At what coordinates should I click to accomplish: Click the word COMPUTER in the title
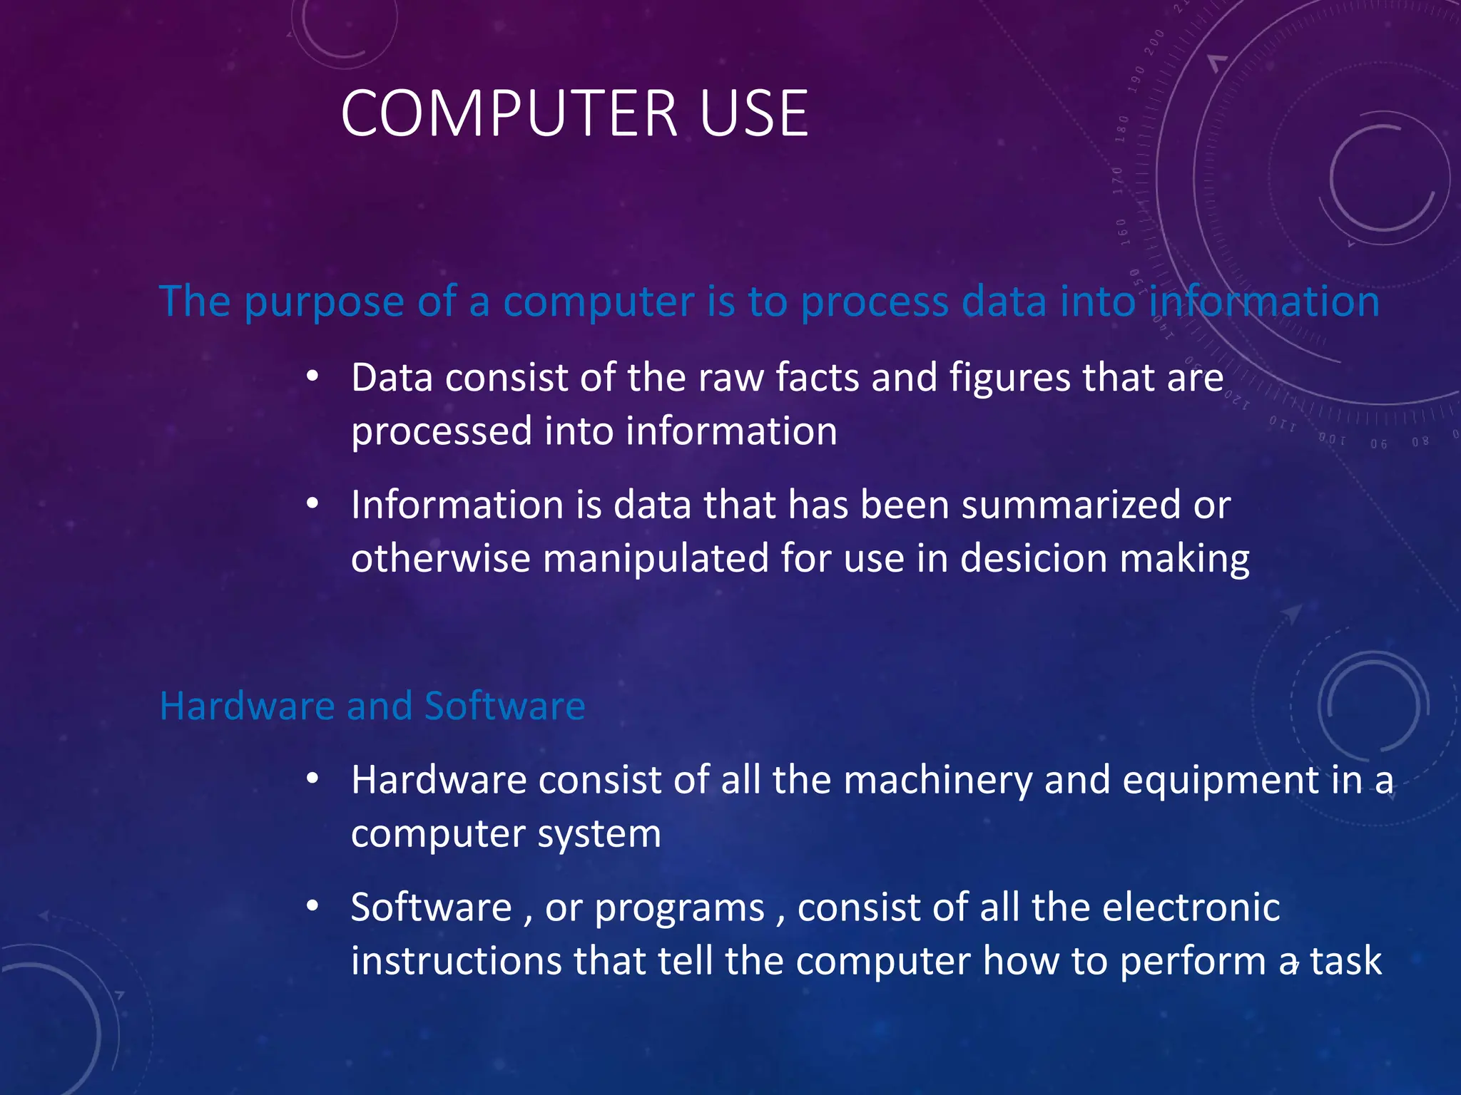tap(509, 113)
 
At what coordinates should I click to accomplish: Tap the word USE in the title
tap(754, 113)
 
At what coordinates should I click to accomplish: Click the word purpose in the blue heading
tap(324, 302)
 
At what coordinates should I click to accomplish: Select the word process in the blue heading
tap(875, 302)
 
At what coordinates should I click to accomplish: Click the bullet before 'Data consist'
tap(312, 377)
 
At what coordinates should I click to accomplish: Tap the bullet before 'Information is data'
tap(312, 504)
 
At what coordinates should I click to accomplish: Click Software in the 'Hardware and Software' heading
tap(504, 706)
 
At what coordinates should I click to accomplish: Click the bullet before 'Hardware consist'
tap(312, 779)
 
